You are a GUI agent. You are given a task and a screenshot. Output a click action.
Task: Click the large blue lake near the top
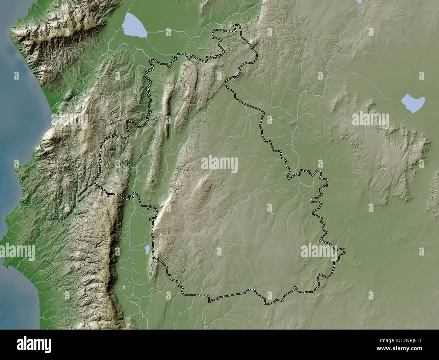click(134, 25)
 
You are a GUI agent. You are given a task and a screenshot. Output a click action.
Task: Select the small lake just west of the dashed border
click(147, 250)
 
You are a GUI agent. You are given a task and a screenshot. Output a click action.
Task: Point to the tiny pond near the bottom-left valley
click(124, 287)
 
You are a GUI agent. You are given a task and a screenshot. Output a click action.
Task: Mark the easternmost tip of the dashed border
click(344, 250)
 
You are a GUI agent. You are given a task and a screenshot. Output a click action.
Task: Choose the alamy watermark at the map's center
click(219, 164)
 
